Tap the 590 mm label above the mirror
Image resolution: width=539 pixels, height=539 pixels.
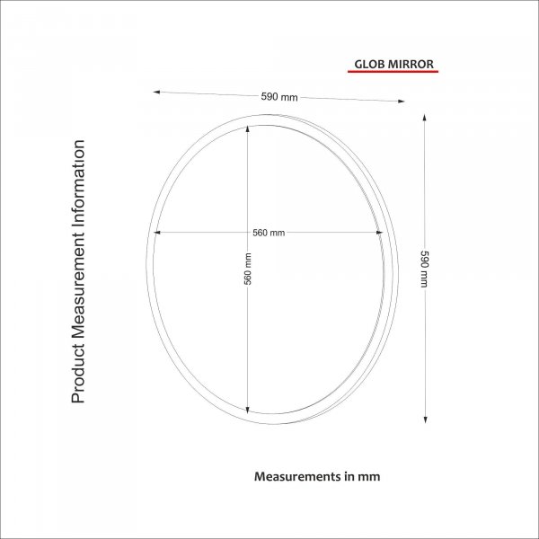278,97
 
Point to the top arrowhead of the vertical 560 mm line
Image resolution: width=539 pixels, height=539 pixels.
248,128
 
